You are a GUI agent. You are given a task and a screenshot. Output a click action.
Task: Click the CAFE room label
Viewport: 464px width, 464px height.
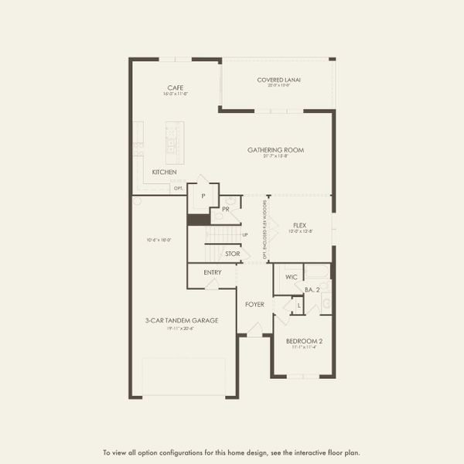[174, 87]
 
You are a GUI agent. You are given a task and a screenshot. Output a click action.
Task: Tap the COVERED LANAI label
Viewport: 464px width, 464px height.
[278, 80]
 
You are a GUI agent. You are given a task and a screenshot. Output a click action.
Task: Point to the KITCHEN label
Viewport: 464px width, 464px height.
[164, 172]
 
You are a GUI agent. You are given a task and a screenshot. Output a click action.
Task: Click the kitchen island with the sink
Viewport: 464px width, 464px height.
[172, 139]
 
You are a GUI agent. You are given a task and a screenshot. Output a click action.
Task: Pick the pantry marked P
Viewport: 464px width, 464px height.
[203, 196]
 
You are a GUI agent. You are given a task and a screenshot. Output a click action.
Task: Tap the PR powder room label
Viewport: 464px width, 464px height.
[226, 209]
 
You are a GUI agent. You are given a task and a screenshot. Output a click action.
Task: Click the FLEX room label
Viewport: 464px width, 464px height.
[299, 225]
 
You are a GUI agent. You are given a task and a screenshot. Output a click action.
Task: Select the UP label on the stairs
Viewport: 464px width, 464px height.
[244, 234]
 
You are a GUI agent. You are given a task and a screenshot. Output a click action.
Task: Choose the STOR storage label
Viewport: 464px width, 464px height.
[232, 254]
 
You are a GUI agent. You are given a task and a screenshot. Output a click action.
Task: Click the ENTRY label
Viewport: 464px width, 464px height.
[213, 272]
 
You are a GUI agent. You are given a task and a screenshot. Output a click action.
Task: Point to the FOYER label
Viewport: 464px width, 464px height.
[255, 304]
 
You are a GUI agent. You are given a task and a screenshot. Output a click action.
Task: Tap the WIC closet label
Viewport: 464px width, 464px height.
[291, 276]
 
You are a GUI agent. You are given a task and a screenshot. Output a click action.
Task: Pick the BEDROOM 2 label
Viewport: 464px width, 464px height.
[304, 341]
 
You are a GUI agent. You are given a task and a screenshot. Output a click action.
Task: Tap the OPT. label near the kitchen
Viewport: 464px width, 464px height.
[178, 188]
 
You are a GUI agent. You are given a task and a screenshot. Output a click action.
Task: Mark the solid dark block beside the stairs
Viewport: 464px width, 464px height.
[199, 220]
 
